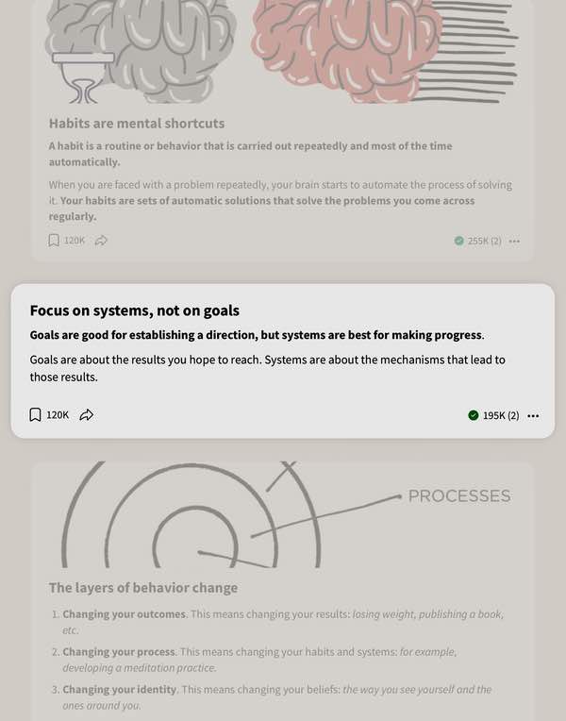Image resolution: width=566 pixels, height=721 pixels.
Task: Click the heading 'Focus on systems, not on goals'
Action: coord(134,310)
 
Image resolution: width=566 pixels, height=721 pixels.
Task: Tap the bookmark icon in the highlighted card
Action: coord(36,414)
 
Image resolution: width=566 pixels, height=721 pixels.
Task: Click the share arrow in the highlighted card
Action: coord(87,414)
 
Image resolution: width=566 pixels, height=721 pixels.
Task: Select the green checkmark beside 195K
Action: coord(474,415)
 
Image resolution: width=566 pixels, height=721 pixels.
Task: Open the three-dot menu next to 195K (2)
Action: coord(533,415)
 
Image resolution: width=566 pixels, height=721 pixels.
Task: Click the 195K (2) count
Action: coord(501,415)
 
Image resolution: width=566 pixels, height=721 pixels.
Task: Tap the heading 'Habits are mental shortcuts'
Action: coord(137,124)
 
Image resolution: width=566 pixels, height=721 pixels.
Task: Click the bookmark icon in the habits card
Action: coord(54,240)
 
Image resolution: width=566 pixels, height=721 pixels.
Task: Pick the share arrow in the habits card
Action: coord(101,240)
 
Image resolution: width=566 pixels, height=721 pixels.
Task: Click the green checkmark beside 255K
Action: coord(458,241)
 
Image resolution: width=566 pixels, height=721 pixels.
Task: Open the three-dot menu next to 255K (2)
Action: coord(514,241)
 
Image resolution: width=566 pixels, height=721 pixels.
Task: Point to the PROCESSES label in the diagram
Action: coord(459,495)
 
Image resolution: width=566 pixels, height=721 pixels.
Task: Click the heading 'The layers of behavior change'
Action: coord(143,588)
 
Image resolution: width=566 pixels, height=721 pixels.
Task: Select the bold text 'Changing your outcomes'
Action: coord(124,614)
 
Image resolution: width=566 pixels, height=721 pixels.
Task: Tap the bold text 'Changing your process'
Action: coord(119,652)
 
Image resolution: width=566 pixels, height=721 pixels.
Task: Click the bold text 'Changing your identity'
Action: coord(120,690)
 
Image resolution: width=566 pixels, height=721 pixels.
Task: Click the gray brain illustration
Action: coord(141,51)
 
